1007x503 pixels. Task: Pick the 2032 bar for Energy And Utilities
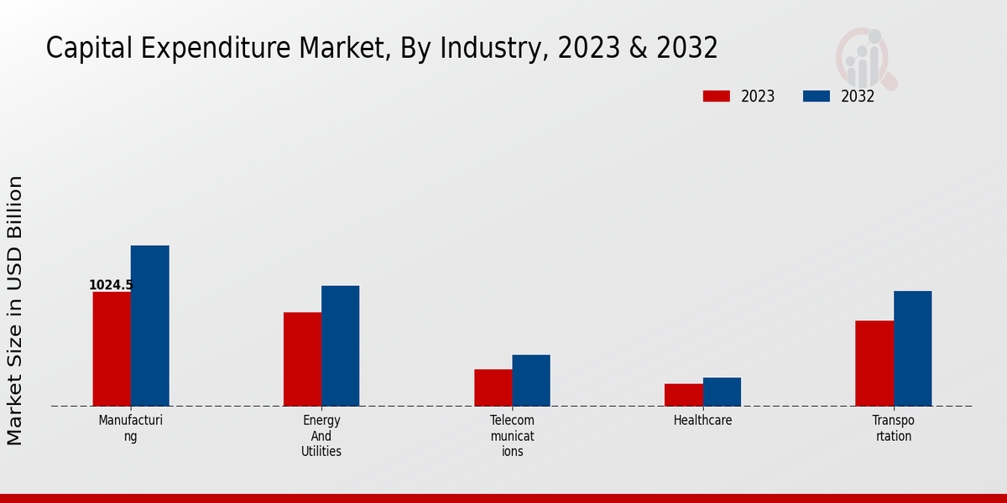[340, 345]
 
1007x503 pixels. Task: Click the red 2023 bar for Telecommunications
[493, 387]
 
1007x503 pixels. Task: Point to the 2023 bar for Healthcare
[683, 395]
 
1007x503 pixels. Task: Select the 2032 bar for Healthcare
[722, 392]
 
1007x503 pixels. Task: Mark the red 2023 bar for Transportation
[874, 363]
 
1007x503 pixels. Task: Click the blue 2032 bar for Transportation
[912, 348]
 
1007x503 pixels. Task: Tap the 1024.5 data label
[111, 285]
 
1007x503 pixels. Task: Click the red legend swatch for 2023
[716, 96]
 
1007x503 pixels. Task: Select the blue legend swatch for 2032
[816, 96]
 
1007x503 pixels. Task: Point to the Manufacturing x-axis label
[130, 428]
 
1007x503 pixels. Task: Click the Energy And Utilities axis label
[321, 436]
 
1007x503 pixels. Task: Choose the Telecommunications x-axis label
[512, 436]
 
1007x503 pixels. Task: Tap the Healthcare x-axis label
[702, 421]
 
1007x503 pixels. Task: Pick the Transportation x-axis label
[893, 428]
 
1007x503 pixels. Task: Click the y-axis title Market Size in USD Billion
[15, 310]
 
